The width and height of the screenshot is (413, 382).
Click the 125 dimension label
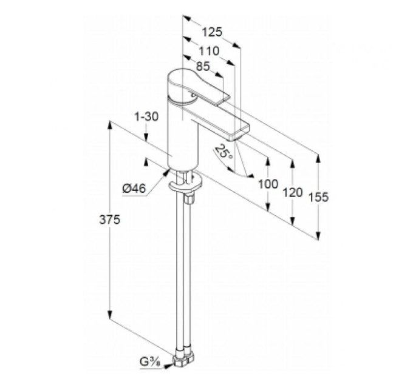212,32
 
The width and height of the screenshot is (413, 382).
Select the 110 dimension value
208,51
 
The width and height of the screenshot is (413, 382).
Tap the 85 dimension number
203,66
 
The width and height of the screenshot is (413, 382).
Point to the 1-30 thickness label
146,117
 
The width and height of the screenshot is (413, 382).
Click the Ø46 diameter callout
134,188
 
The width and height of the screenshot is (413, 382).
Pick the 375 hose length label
109,219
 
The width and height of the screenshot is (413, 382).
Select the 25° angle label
224,152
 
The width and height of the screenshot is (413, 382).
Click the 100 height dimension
268,184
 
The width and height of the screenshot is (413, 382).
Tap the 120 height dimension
293,193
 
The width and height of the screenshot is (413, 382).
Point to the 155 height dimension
318,197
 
